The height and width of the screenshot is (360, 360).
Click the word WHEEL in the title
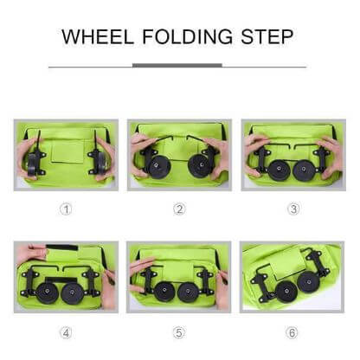(x=99, y=38)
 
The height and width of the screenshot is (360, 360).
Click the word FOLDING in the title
(x=181, y=38)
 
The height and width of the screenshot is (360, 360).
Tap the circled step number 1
(x=65, y=209)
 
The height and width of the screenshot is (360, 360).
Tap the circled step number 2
(x=179, y=209)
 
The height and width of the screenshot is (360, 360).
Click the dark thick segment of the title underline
(x=177, y=65)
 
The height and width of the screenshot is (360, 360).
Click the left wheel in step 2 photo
(x=159, y=166)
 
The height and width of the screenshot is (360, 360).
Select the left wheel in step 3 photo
(x=279, y=170)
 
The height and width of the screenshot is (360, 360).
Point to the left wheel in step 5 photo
(x=164, y=292)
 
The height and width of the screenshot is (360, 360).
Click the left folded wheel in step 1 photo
(x=36, y=161)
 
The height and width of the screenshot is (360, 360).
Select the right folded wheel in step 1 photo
(x=100, y=161)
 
